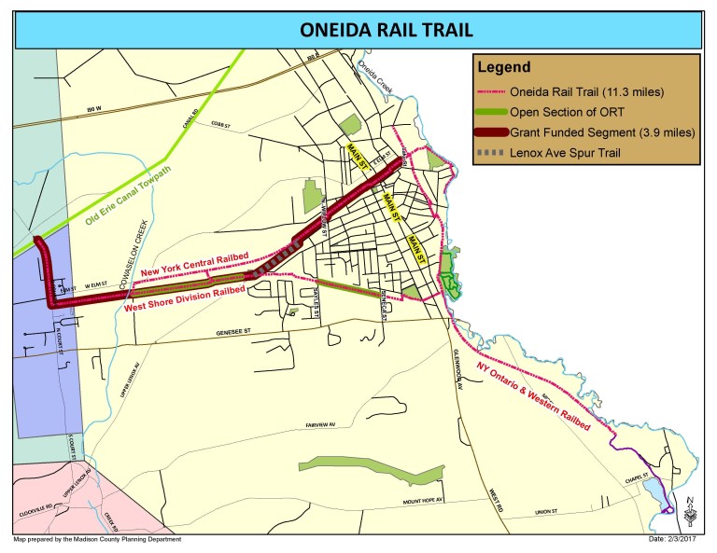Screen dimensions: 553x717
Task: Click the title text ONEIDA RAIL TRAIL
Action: [358, 28]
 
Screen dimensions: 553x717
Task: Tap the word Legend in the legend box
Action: [504, 67]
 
